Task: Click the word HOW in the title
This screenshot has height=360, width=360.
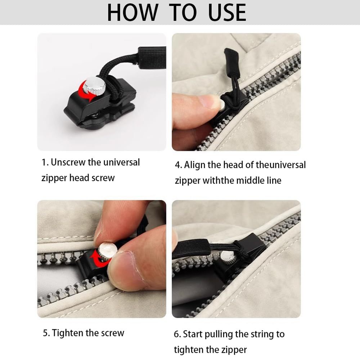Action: [x=133, y=13]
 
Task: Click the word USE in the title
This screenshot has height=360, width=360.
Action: [x=227, y=13]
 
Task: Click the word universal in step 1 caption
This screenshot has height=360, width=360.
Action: [x=121, y=162]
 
